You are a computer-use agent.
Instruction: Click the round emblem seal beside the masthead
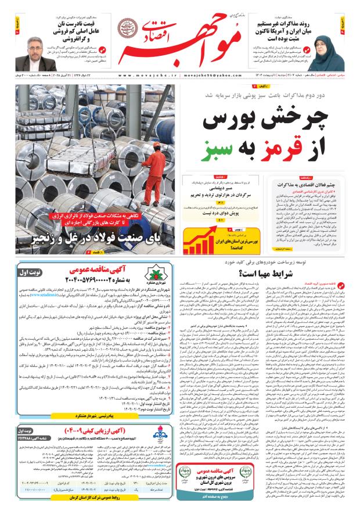pyautogui.click(x=124, y=27)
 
